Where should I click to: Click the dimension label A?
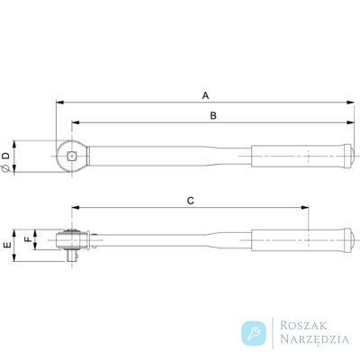(x=205, y=95)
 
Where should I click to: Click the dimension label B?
(x=213, y=116)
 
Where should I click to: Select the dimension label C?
(x=191, y=201)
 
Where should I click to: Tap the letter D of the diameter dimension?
(x=6, y=156)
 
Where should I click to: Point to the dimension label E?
(x=7, y=245)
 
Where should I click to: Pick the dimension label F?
(x=28, y=239)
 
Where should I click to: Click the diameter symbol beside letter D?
(x=6, y=169)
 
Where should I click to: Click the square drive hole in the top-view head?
(x=71, y=156)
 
